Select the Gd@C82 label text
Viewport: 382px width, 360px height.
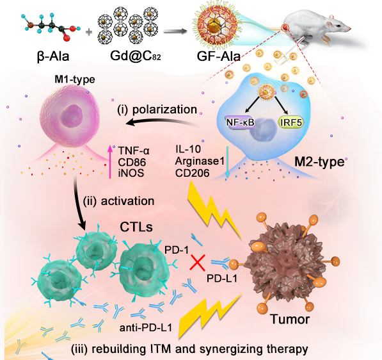[135, 56]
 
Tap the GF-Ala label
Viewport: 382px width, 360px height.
[219, 56]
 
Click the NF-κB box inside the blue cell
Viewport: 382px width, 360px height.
[240, 122]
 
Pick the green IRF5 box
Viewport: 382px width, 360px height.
[291, 122]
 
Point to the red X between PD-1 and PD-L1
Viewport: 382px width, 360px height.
[198, 263]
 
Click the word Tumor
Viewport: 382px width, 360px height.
[290, 319]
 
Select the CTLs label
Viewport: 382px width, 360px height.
[136, 227]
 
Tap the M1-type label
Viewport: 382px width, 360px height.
[75, 79]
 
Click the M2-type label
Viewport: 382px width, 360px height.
[319, 162]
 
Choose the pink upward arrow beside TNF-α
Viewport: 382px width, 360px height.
[110, 161]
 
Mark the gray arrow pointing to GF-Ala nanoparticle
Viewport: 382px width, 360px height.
[175, 31]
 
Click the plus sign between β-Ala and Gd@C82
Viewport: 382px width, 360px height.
[89, 32]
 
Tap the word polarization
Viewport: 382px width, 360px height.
[164, 110]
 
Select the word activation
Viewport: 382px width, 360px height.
[127, 201]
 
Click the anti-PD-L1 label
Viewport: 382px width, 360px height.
[146, 327]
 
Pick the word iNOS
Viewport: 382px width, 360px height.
[131, 173]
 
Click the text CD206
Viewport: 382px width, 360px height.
[192, 173]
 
